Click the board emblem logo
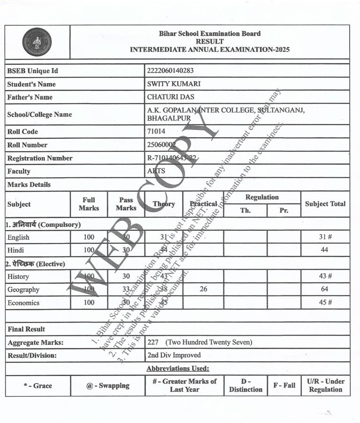coord(37,42)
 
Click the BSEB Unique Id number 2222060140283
coord(170,71)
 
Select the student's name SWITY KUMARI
coord(173,84)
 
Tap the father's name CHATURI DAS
coord(170,97)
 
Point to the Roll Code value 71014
coord(156,132)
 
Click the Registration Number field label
coord(40,158)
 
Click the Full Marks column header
coord(89,204)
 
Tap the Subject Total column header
coord(325,204)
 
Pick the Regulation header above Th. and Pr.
coord(262,197)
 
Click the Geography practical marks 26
coord(203,289)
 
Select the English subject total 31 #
coord(325,237)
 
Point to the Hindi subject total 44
coord(324,250)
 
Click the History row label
coord(18,277)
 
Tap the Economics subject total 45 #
coord(325,302)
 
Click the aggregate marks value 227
coord(153,342)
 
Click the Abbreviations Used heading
coord(178,369)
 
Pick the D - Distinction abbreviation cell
coord(246,385)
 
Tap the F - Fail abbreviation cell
coord(284,385)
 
